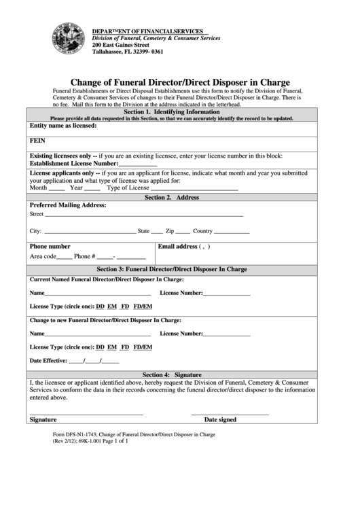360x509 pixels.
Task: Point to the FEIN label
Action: coord(37,142)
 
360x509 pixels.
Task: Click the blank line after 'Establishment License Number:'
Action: coord(138,164)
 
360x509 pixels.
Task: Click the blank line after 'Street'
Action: coord(143,215)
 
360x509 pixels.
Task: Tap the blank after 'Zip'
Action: coord(183,232)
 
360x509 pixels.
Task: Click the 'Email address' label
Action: coord(178,246)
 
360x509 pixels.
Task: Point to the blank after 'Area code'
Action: coord(64,258)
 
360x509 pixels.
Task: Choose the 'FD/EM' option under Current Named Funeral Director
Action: coord(143,306)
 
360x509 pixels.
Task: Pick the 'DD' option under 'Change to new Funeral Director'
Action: coord(100,347)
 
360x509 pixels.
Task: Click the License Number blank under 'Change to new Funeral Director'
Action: coord(227,336)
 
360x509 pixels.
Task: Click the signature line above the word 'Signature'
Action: coord(86,414)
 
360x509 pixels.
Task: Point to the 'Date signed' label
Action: coord(220,420)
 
